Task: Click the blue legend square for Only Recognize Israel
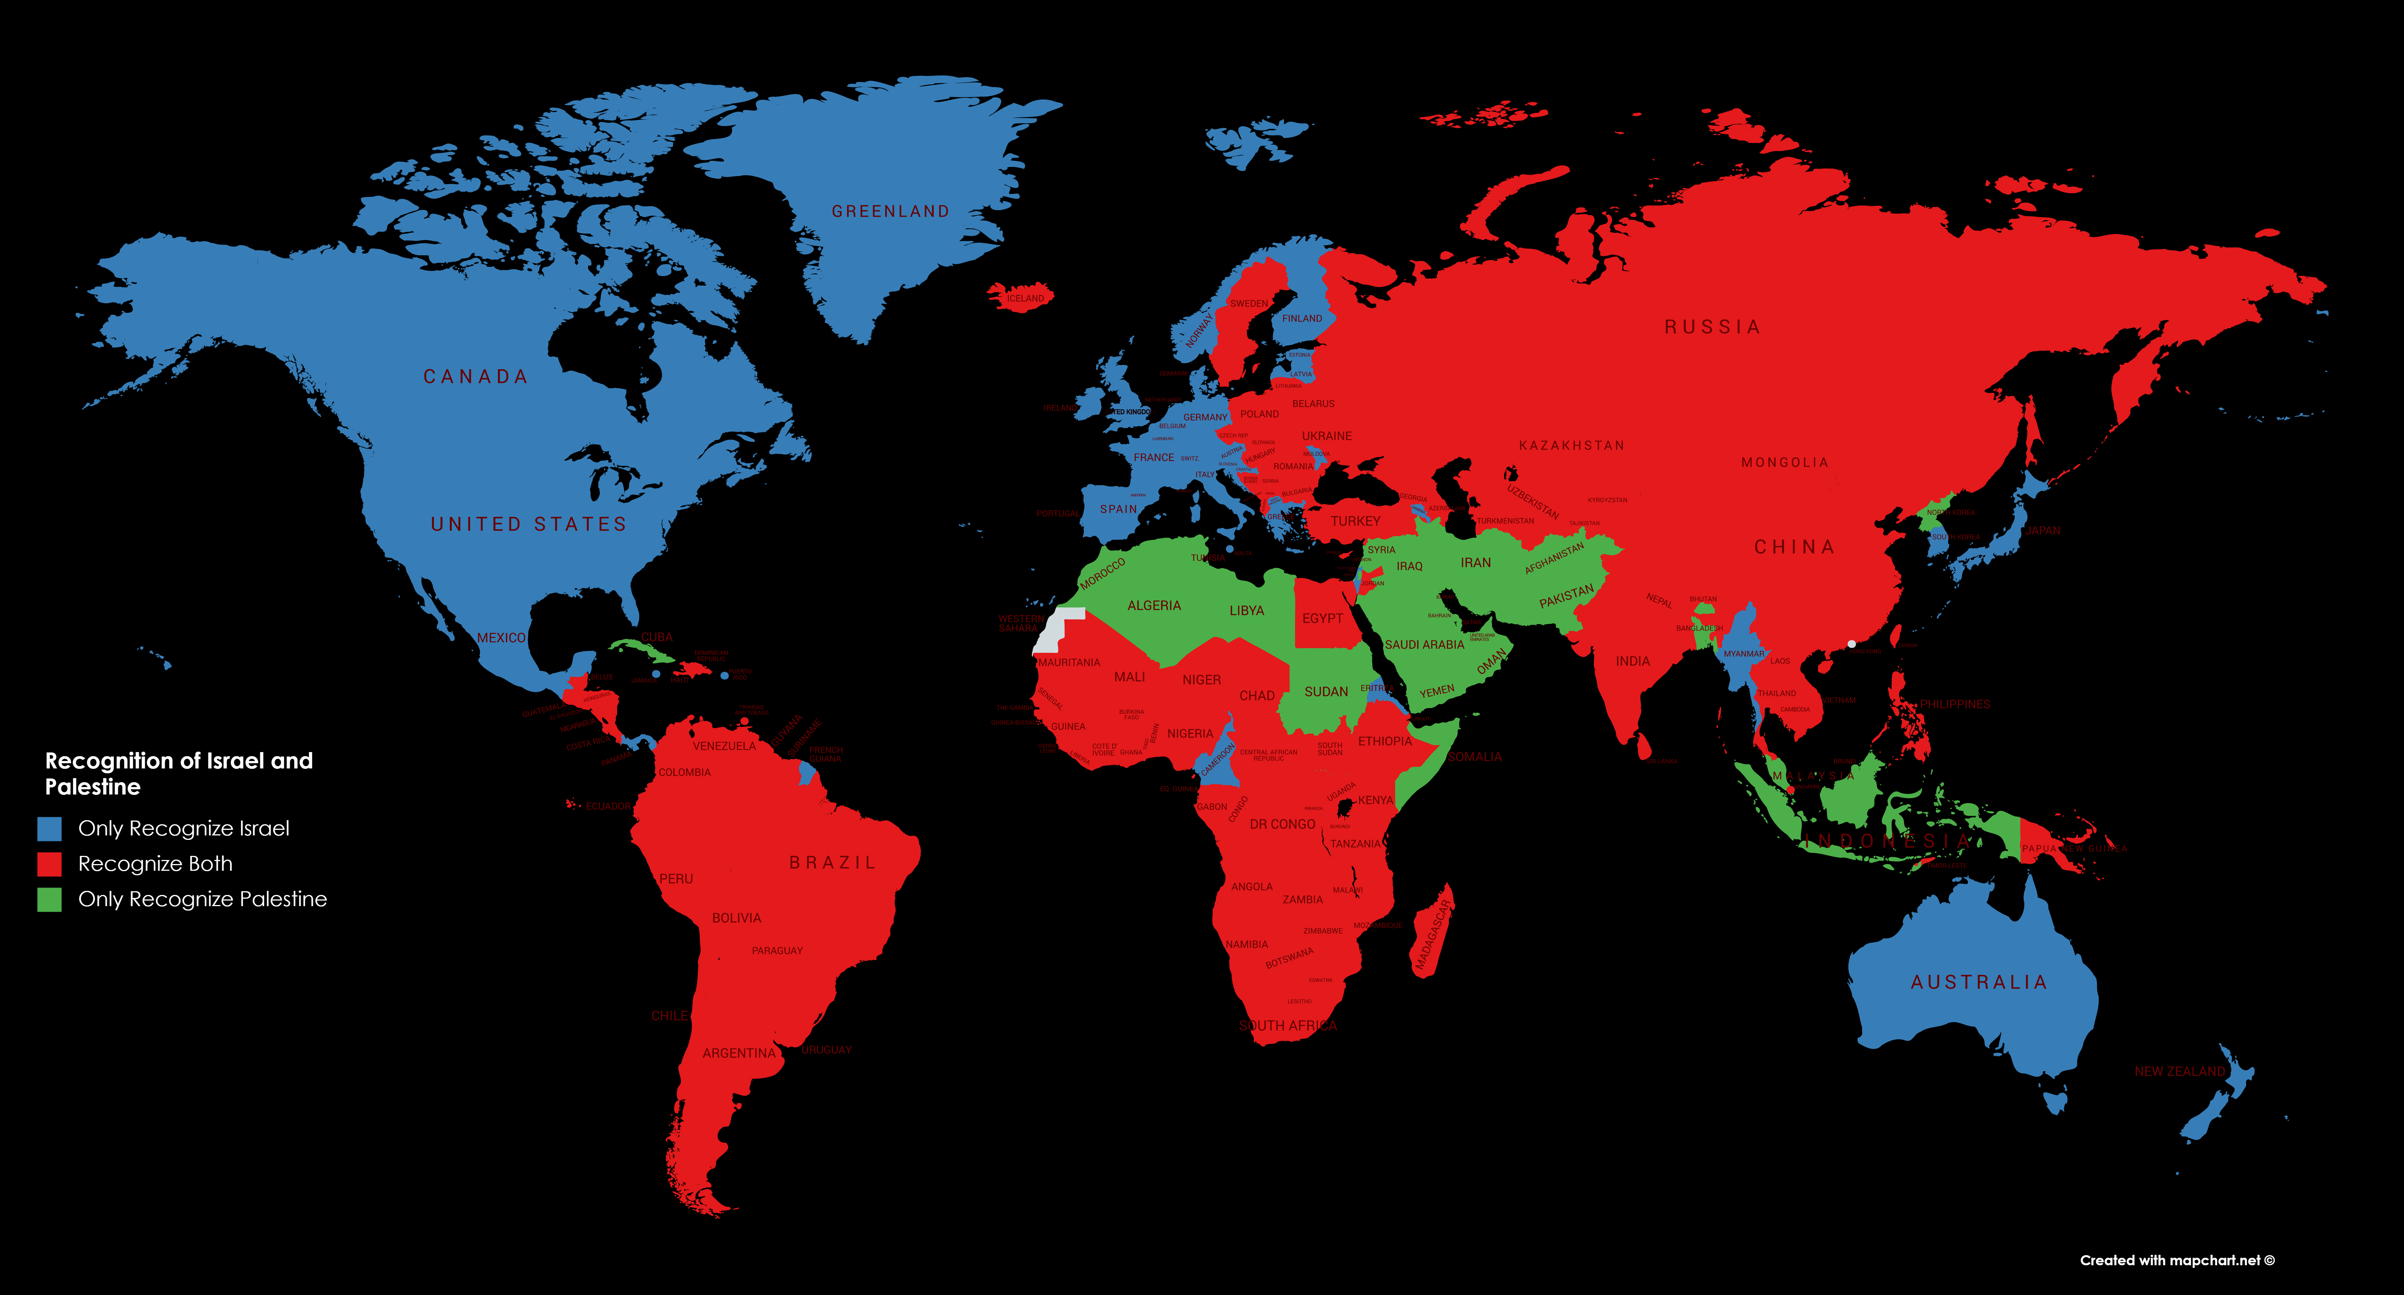[x=49, y=828]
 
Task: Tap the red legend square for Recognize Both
[x=49, y=864]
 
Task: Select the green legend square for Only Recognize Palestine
[x=49, y=899]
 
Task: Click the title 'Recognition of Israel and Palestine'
[x=178, y=773]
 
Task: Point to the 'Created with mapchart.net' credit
[x=2176, y=1260]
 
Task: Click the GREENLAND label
[x=890, y=212]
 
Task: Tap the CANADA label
[x=476, y=377]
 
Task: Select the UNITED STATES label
[x=528, y=524]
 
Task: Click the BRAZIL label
[x=832, y=863]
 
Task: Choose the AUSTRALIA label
[x=1978, y=982]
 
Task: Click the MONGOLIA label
[x=1784, y=463]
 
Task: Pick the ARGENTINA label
[x=738, y=1053]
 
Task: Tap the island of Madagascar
[x=1430, y=933]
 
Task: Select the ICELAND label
[x=1025, y=298]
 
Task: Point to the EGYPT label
[x=1323, y=618]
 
